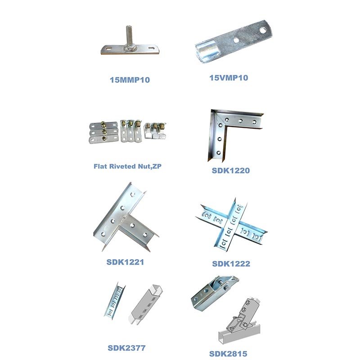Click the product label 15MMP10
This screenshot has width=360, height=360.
(x=130, y=80)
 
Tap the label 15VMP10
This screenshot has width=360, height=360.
(x=229, y=77)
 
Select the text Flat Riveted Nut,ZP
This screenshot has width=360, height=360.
(x=127, y=166)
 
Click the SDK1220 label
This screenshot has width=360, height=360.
(x=230, y=171)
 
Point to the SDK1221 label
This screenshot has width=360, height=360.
(x=125, y=262)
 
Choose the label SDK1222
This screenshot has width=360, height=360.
(x=231, y=264)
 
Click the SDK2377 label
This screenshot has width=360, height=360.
(x=126, y=348)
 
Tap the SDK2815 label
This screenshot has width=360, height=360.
(x=228, y=354)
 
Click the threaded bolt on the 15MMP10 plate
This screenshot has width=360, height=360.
(x=130, y=36)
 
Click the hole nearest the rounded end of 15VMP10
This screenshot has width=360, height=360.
(x=263, y=30)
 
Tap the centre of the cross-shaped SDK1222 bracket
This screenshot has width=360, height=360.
(x=231, y=224)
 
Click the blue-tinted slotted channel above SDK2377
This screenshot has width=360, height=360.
(x=115, y=301)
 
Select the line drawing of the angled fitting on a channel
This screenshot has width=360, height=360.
(x=240, y=321)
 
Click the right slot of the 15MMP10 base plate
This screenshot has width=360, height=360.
(x=152, y=48)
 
